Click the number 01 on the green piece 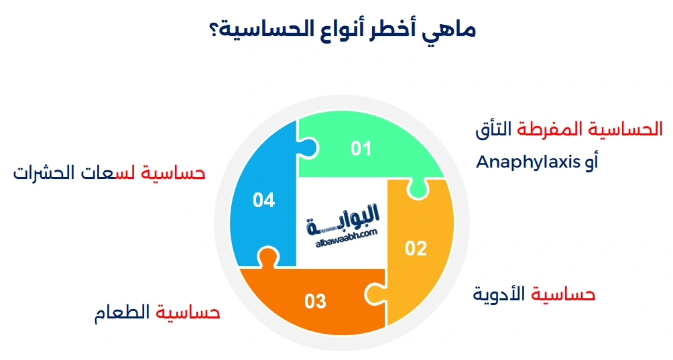tap(361, 147)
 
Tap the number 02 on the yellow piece tap(416, 249)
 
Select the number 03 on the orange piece tap(315, 301)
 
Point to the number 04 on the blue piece tap(264, 200)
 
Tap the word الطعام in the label tap(124, 313)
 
